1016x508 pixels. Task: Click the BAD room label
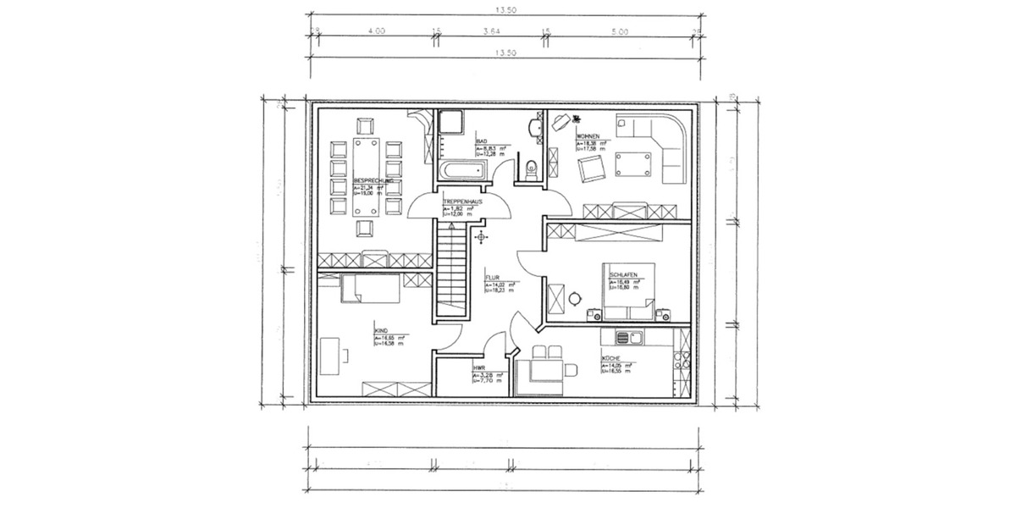coord(481,141)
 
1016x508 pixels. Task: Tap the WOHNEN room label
coord(588,136)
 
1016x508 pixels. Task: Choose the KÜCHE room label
coord(612,358)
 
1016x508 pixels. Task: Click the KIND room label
coord(381,332)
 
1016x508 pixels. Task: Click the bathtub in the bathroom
coord(461,169)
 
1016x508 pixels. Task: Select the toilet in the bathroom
coord(531,166)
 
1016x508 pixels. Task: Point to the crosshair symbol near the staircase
coord(482,237)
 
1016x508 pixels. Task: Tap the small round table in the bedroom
coord(577,297)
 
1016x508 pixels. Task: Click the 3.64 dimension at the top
coord(491,31)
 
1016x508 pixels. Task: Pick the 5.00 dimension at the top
coord(619,31)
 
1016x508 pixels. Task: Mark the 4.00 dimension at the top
coord(376,31)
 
